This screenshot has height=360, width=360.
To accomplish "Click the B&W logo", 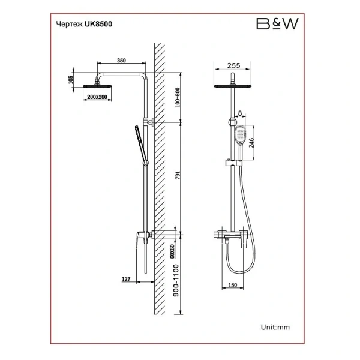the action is [x=277, y=23].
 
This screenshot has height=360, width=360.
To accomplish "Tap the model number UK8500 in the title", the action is [x=98, y=24].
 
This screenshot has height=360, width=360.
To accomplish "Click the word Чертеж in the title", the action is [x=70, y=25].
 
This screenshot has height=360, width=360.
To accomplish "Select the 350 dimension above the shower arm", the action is [x=121, y=61].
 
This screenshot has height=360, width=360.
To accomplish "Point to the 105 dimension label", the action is [x=70, y=80].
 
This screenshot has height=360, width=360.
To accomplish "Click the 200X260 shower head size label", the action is [x=97, y=97].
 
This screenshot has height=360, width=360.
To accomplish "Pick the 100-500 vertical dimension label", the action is [x=178, y=97].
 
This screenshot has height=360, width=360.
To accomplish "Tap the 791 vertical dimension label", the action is [x=178, y=175].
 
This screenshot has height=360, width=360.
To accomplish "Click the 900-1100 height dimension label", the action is [x=176, y=280].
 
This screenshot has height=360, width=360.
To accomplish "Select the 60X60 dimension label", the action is [x=172, y=251].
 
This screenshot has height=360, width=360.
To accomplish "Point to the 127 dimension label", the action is [x=126, y=279].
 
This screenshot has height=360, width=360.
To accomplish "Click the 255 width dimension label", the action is [x=234, y=65].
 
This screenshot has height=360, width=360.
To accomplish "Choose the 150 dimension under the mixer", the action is [x=233, y=285].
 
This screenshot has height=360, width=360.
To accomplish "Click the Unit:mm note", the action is [x=275, y=327].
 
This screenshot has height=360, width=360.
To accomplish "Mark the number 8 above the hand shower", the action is [x=240, y=113].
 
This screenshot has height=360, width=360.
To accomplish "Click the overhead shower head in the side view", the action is [x=97, y=86].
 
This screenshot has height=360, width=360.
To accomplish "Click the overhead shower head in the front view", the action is [x=232, y=86].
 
